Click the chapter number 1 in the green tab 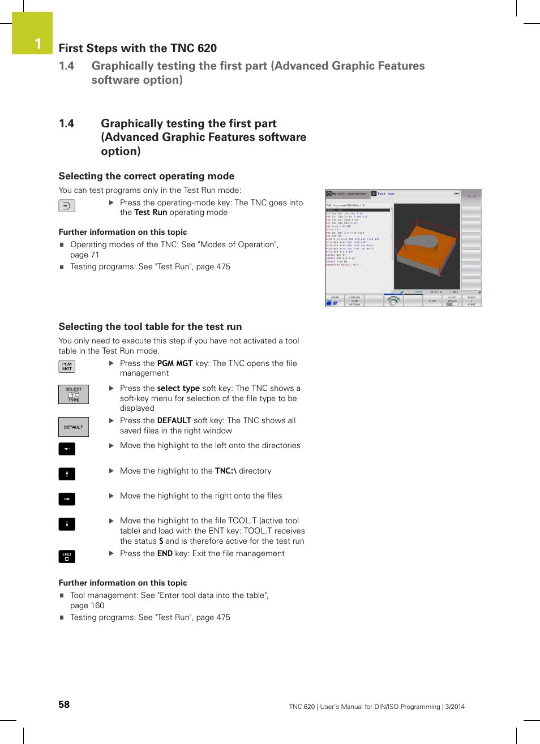38,44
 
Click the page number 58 64,704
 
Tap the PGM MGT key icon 67,367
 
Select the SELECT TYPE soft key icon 74,394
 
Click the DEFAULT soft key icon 74,427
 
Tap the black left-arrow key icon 67,449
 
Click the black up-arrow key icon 67,474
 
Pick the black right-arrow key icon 67,499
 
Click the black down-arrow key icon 67,524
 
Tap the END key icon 67,556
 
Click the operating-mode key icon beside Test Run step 67,206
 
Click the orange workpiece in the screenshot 427,249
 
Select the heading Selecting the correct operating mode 146,176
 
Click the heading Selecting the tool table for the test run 150,326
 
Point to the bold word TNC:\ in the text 225,471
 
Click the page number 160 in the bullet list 97,605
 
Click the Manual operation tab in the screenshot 348,194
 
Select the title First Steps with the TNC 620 138,48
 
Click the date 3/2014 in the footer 455,707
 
